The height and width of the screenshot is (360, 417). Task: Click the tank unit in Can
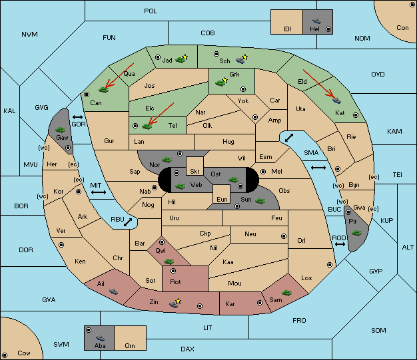coord(103,89)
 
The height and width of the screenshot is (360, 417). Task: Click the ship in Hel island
coord(316,20)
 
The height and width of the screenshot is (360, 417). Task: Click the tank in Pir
coord(356,233)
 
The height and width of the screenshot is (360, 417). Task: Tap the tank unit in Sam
coord(288,292)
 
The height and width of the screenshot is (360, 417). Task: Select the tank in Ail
coord(114,291)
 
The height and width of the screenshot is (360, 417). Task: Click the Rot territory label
coord(176,281)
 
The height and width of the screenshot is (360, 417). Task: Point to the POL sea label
coord(151,11)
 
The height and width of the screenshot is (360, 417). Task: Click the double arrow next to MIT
coord(99,192)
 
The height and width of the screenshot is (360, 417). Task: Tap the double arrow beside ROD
coord(340,245)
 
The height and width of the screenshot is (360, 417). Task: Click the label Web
coord(196,184)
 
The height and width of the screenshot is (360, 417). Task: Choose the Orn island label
coord(129,346)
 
